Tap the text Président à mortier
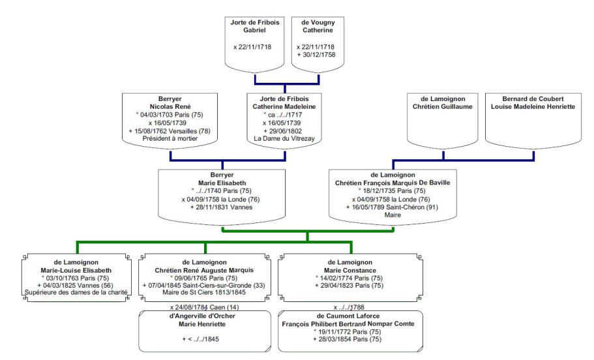(170, 138)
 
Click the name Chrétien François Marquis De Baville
(392, 183)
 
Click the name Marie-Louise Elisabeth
(77, 269)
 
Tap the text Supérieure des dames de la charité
(77, 292)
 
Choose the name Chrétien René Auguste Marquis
(204, 269)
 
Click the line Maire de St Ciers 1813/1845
(204, 292)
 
